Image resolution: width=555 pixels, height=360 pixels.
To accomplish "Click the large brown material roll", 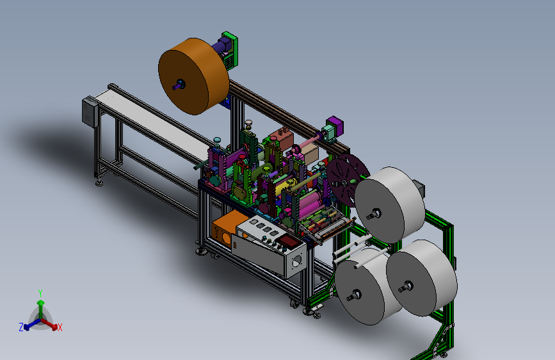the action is [x=193, y=76].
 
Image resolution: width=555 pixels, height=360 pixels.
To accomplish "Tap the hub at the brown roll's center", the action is [x=180, y=85].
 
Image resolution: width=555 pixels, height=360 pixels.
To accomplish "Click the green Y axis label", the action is [x=40, y=293].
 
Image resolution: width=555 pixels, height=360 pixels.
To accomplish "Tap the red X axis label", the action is [x=60, y=328].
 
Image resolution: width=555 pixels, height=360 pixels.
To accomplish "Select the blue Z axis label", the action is [x=21, y=327].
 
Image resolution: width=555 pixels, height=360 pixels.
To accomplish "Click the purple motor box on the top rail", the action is [x=335, y=125].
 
